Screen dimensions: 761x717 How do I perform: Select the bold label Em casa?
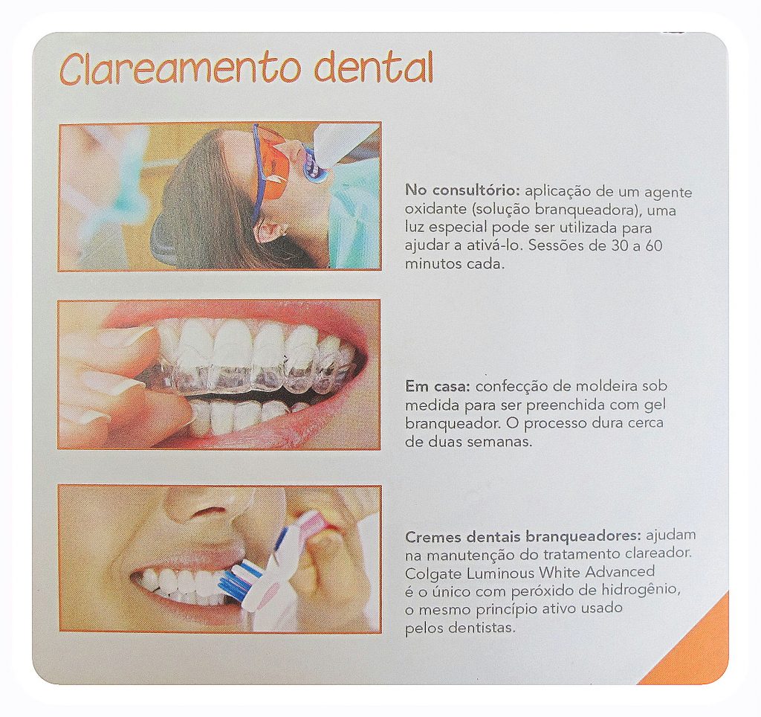(438, 387)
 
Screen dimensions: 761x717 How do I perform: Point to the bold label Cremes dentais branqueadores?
(523, 536)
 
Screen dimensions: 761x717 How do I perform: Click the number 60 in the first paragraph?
(653, 245)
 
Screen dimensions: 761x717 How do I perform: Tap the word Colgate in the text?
(433, 573)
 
